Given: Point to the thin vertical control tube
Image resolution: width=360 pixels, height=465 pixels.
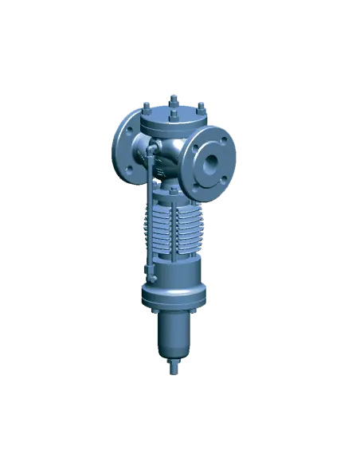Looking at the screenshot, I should (x=148, y=215).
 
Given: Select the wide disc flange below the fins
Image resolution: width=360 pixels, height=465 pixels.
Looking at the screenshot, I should (x=173, y=296).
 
